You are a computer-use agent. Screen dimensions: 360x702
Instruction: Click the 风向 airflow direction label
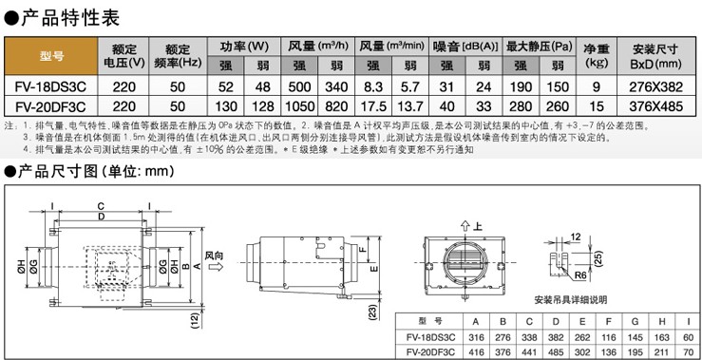[216, 255]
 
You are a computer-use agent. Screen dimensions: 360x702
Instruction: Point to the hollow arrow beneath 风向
[216, 268]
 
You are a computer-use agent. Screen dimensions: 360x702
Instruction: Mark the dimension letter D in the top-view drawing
[101, 216]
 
